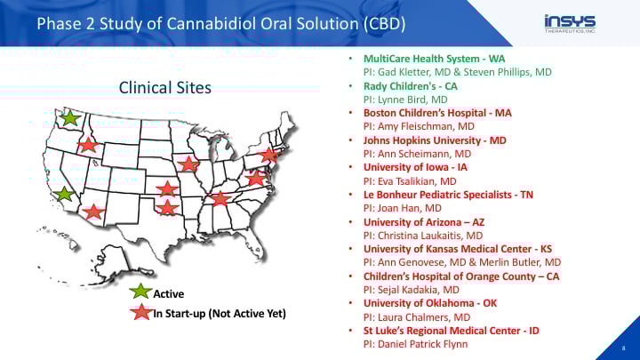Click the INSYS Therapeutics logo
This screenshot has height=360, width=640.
(x=570, y=24)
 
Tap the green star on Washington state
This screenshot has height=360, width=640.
(x=70, y=118)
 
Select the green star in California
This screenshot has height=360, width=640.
(x=64, y=195)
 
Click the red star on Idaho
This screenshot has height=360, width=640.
(x=88, y=145)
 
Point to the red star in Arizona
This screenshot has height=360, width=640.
(x=93, y=212)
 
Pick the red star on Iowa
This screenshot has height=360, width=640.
(x=188, y=164)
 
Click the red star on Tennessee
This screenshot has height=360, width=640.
(x=220, y=199)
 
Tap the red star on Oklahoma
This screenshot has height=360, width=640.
(x=167, y=208)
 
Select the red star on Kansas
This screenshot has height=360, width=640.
(x=167, y=189)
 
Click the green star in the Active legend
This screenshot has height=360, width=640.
(x=140, y=292)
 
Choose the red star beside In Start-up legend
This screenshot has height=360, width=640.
(x=140, y=312)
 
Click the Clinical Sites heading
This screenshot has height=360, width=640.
(x=165, y=88)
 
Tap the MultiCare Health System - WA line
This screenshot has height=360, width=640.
(x=435, y=59)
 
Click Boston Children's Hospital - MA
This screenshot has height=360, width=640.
(x=437, y=113)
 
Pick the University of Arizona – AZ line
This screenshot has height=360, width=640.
(x=424, y=222)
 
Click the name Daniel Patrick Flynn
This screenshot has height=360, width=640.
(x=423, y=344)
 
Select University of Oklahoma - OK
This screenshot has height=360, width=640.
(x=430, y=303)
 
